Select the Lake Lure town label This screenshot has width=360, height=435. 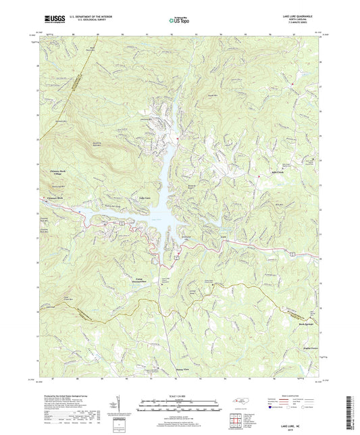click(144, 198)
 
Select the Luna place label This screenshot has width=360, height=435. click(205, 237)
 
